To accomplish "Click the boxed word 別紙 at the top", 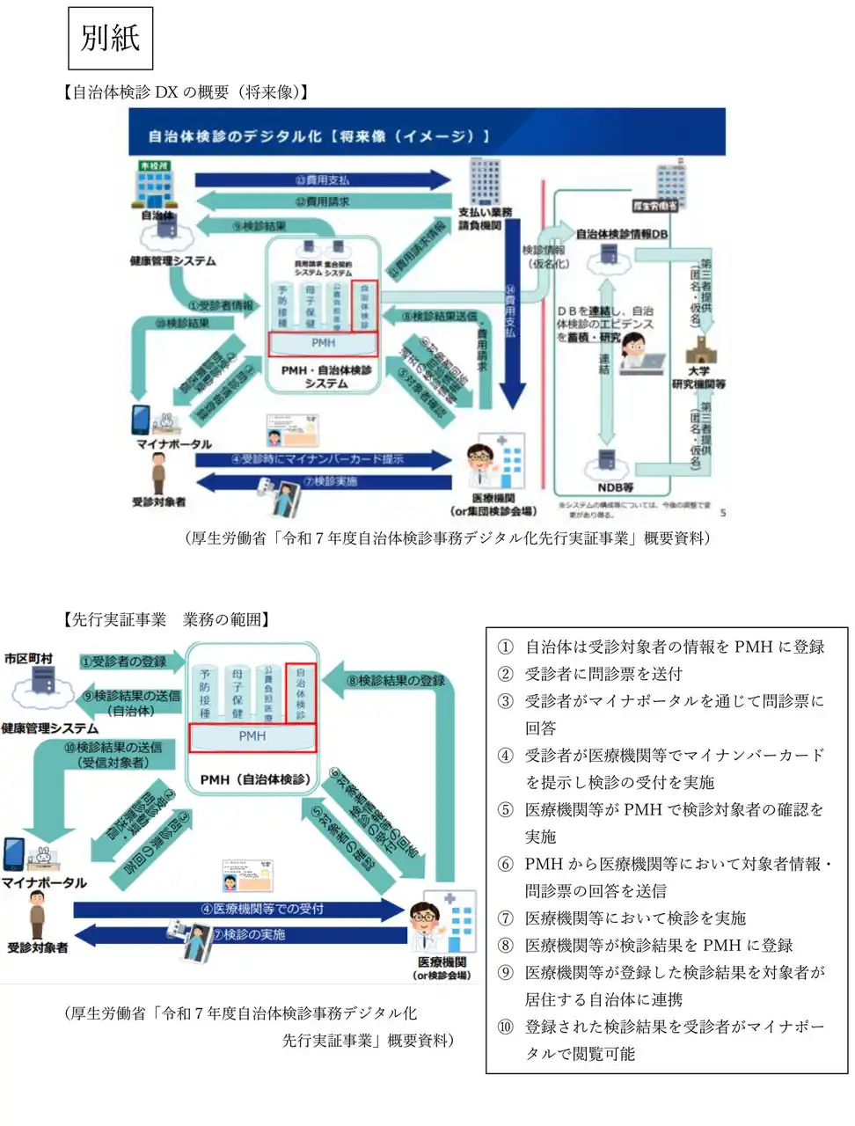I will click(110, 38).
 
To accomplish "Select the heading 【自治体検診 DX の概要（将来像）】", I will click(186, 91).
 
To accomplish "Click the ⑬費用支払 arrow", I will click(322, 180).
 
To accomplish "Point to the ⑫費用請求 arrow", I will click(322, 202).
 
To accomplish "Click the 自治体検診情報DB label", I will click(621, 234).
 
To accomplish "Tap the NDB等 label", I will click(615, 486).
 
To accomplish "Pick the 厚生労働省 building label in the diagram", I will click(655, 206).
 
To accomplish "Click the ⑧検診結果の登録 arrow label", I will click(395, 680).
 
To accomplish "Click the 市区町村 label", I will click(28, 658).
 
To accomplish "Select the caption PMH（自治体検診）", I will click(255, 779).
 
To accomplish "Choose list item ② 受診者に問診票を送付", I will click(603, 674).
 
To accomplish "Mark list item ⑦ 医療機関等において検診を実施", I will click(634, 918).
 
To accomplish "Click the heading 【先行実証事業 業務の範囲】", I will click(166, 619).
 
